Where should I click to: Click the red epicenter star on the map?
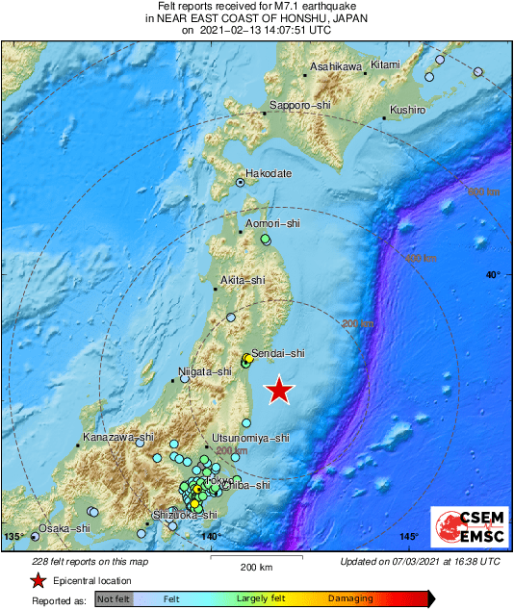point(279,390)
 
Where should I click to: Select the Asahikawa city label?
point(336,67)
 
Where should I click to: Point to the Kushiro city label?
point(408,111)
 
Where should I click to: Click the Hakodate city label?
point(269,173)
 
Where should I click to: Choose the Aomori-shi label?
point(273,224)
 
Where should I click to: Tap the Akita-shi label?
point(241,280)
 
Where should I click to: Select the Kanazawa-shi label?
point(117,438)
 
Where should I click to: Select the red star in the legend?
point(37,581)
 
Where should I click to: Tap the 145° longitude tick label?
point(409,537)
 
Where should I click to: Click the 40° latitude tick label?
point(492,276)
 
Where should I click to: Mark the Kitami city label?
point(385,64)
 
